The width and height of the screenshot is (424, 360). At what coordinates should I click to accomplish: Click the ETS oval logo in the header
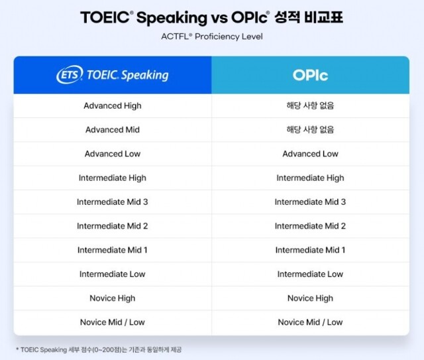(70, 75)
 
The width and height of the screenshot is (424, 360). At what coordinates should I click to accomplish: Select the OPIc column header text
(310, 75)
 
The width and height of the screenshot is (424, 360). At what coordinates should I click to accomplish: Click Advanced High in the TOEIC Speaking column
(113, 105)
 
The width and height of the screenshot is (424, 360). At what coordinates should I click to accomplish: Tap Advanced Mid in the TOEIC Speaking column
(113, 130)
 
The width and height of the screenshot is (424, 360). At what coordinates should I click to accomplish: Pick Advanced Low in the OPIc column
(310, 154)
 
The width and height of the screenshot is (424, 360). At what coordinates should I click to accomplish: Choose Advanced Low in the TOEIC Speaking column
(113, 154)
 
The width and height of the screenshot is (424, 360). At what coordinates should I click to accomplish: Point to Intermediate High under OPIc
(310, 178)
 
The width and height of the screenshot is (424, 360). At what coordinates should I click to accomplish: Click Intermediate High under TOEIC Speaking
(113, 178)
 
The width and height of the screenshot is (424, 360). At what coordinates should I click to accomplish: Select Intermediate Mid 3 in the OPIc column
(310, 202)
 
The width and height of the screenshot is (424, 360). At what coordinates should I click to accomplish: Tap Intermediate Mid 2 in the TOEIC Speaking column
(113, 226)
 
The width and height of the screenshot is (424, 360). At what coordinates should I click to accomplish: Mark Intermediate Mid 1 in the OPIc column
(310, 250)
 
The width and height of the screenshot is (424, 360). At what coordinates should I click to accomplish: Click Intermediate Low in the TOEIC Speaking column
(113, 274)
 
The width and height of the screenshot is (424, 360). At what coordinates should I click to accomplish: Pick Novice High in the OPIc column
(310, 298)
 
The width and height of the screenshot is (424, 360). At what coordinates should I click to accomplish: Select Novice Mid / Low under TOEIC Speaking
(113, 322)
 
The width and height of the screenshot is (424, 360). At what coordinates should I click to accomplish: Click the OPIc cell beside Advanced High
(310, 105)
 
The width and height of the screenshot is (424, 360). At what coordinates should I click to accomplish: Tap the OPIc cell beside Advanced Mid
(310, 130)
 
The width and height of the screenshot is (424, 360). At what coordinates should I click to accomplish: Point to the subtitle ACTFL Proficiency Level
(212, 36)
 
